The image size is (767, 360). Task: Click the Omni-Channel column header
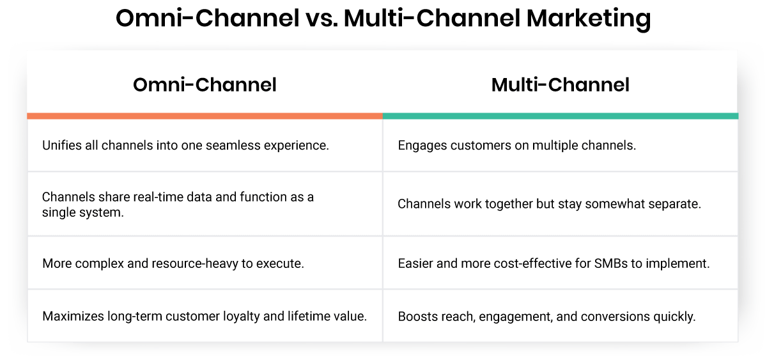point(205,85)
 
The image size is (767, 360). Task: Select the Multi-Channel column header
point(560,85)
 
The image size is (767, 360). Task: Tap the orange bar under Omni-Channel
point(205,116)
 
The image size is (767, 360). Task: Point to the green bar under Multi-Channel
point(561,116)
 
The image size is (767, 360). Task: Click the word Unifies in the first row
point(62,145)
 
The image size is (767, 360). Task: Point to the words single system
point(82,212)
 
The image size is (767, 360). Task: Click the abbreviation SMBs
point(620,263)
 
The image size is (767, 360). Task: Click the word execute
point(281,263)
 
